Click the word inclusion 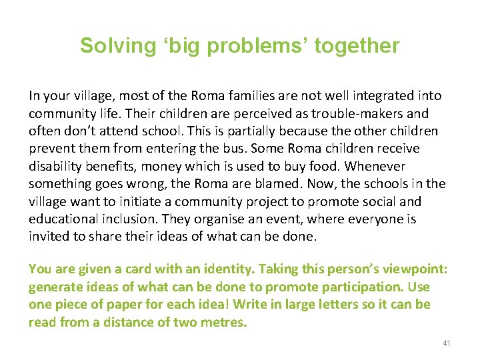(x=130, y=219)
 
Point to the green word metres (x=223, y=323)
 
